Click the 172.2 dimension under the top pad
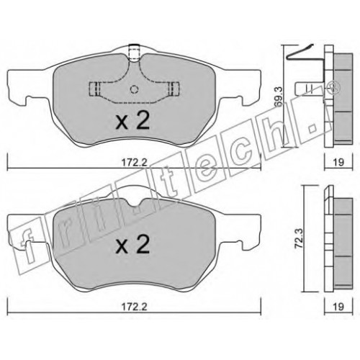tap(134, 163)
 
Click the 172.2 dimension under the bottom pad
tap(134, 307)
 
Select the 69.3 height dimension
tap(279, 96)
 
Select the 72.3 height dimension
tap(299, 238)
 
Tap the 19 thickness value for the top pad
tap(338, 162)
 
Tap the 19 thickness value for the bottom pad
tap(338, 307)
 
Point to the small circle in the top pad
tap(135, 89)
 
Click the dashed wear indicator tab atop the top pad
tap(135, 53)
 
